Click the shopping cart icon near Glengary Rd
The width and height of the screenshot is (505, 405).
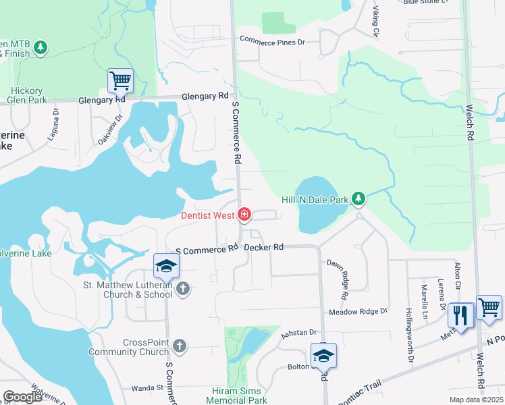[x=120, y=80]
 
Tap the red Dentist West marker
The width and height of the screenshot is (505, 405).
[x=244, y=215]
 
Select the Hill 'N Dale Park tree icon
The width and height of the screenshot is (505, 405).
[x=359, y=199]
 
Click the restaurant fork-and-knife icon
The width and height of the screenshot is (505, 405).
[x=460, y=315]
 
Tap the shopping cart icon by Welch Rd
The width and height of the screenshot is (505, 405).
[x=489, y=307]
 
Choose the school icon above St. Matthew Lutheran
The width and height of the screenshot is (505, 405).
[x=165, y=265]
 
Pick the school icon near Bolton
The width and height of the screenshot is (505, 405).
[x=323, y=354]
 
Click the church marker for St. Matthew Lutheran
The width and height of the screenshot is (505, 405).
[x=182, y=290]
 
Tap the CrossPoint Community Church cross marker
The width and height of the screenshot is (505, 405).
[x=179, y=346]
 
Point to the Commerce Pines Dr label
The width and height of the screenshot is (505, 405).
[x=272, y=41]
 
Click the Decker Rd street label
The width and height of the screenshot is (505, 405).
[x=263, y=248]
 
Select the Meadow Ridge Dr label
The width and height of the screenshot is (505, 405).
[x=358, y=311]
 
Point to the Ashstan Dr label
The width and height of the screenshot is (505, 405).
[x=300, y=332]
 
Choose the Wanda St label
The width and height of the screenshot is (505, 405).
[x=147, y=387]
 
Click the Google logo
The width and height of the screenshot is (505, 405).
[x=22, y=397]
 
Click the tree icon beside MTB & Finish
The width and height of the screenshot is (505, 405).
[x=41, y=47]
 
